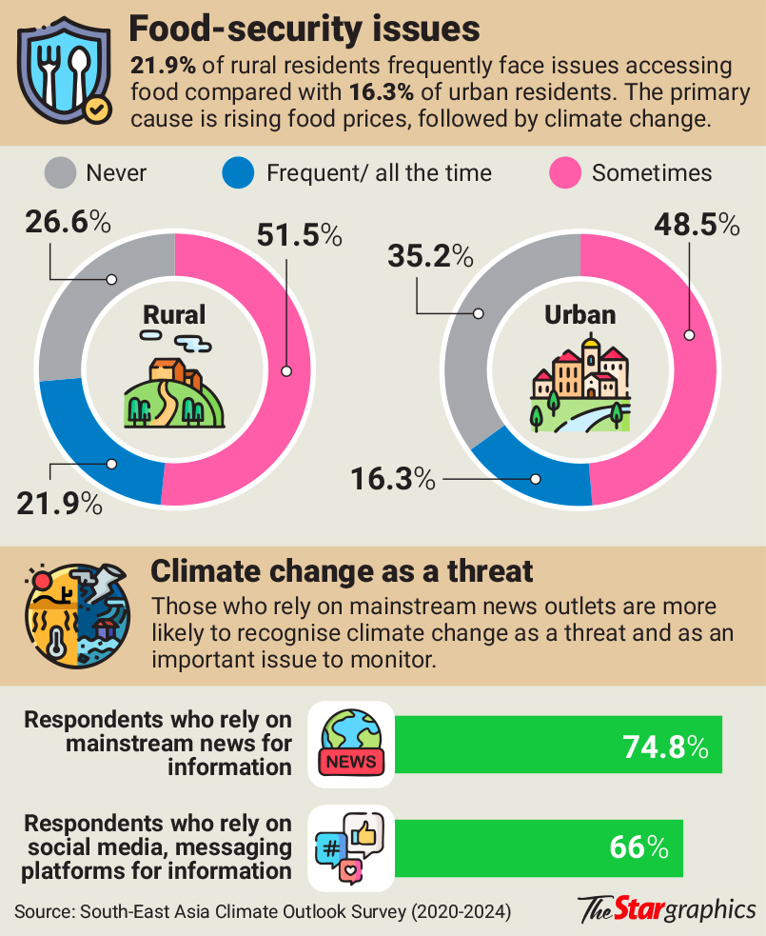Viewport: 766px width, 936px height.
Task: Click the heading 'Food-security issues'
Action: pyautogui.click(x=304, y=30)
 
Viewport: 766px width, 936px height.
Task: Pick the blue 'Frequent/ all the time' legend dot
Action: pyautogui.click(x=238, y=173)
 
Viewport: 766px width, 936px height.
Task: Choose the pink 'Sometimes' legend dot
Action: pyautogui.click(x=566, y=173)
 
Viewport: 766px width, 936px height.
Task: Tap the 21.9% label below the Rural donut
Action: pyautogui.click(x=59, y=503)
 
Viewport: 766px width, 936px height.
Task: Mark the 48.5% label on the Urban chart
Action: pyautogui.click(x=696, y=225)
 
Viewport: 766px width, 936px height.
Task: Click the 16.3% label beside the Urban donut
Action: pyautogui.click(x=391, y=478)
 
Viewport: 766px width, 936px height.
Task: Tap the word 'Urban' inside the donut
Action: pyautogui.click(x=579, y=315)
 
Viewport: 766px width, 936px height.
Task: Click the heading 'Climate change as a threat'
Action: pyautogui.click(x=342, y=571)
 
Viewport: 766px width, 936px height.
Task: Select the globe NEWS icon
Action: pyautogui.click(x=351, y=744)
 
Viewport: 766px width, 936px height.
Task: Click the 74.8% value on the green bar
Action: pyautogui.click(x=665, y=747)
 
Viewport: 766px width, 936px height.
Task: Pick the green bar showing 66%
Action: pyautogui.click(x=539, y=847)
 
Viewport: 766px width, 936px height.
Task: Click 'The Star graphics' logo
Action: pyautogui.click(x=666, y=908)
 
